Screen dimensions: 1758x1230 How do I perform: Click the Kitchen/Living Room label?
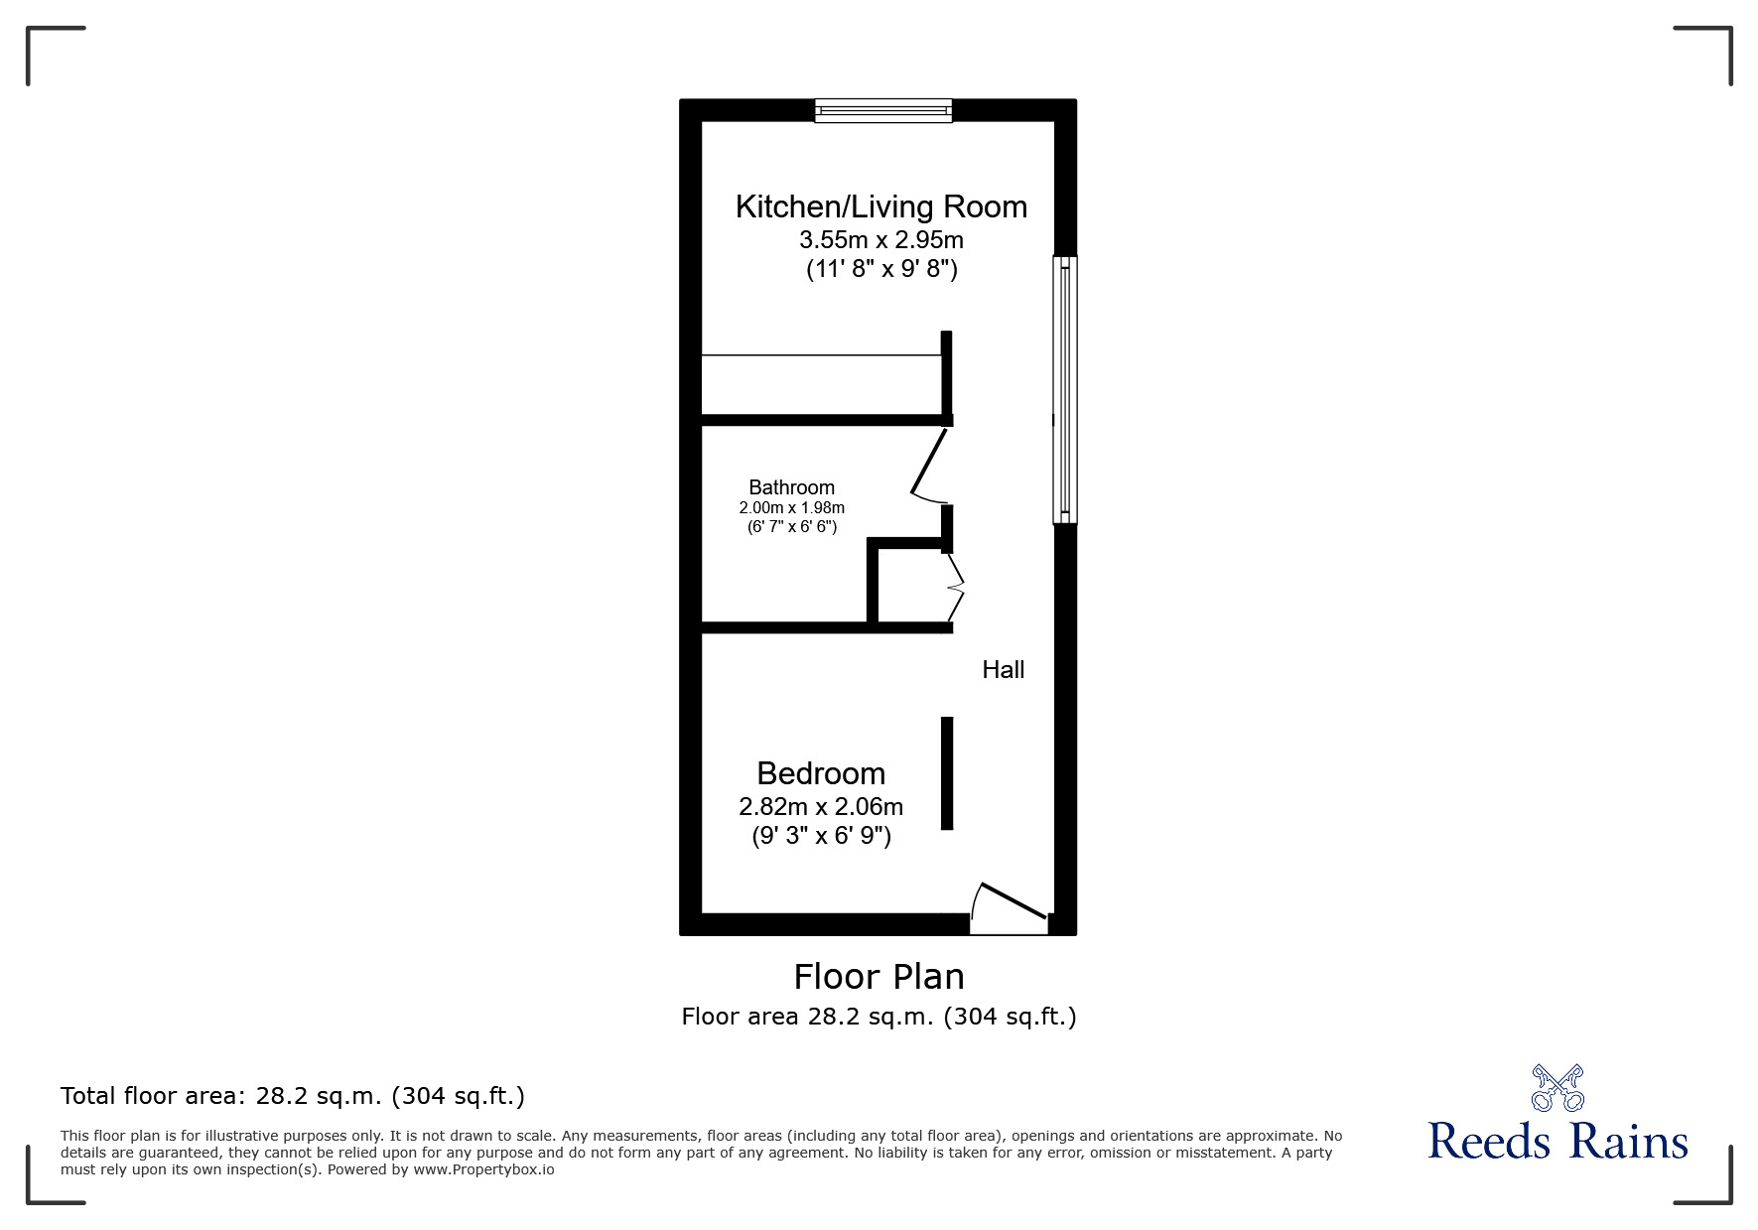881,206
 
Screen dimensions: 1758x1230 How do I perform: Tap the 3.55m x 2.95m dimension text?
881,240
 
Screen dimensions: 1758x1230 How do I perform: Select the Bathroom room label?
791,487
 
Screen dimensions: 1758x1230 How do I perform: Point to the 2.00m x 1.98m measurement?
791,508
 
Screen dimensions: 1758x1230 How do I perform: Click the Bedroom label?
821,773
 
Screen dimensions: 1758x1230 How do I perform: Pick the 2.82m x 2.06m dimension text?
821,807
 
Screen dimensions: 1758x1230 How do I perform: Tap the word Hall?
1004,670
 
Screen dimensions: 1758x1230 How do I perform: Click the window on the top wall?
883,110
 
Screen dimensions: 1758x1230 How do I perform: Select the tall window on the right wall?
1065,389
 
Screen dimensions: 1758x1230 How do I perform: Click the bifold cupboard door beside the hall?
955,588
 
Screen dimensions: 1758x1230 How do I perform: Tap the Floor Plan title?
879,977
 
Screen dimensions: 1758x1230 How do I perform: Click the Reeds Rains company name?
1557,1142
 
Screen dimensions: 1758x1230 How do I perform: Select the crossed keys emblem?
1557,1088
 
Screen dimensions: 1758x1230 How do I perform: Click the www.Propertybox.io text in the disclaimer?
483,1169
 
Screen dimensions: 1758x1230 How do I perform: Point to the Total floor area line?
293,1096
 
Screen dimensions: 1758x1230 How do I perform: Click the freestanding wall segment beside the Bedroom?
947,773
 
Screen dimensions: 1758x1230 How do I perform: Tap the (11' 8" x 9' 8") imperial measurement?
881,269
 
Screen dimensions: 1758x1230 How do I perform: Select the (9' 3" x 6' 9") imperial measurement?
821,836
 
